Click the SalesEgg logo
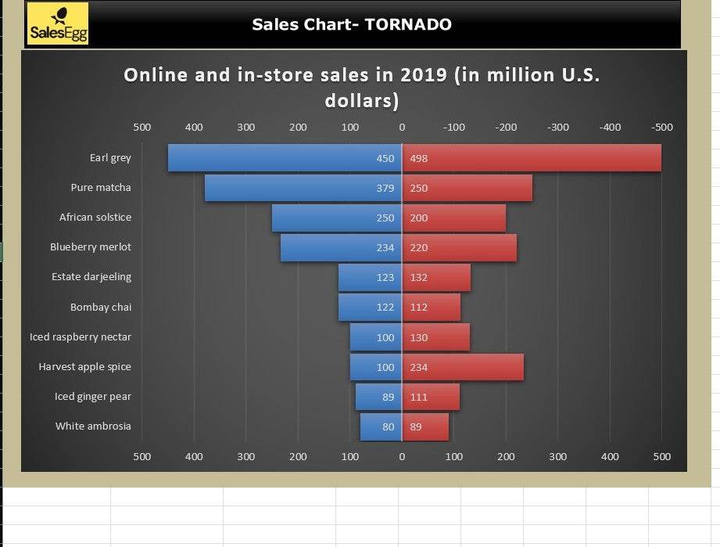[58, 23]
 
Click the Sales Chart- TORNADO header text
[351, 24]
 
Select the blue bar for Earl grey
[266, 158]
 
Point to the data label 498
[419, 158]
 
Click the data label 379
[385, 188]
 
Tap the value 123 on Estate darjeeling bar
[385, 277]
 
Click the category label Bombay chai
[101, 307]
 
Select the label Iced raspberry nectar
[81, 336]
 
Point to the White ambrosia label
[93, 426]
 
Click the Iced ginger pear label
[93, 396]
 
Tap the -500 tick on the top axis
[661, 127]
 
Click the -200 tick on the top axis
[506, 127]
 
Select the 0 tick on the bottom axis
[402, 456]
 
